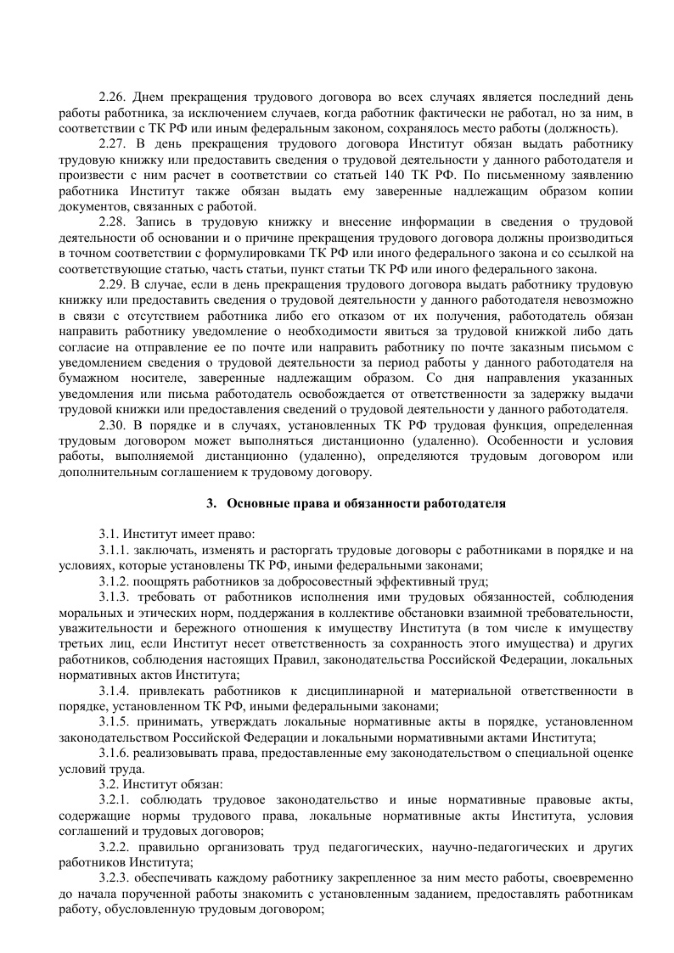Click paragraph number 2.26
pos(113,98)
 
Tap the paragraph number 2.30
pos(113,425)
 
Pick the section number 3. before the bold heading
pos(212,503)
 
